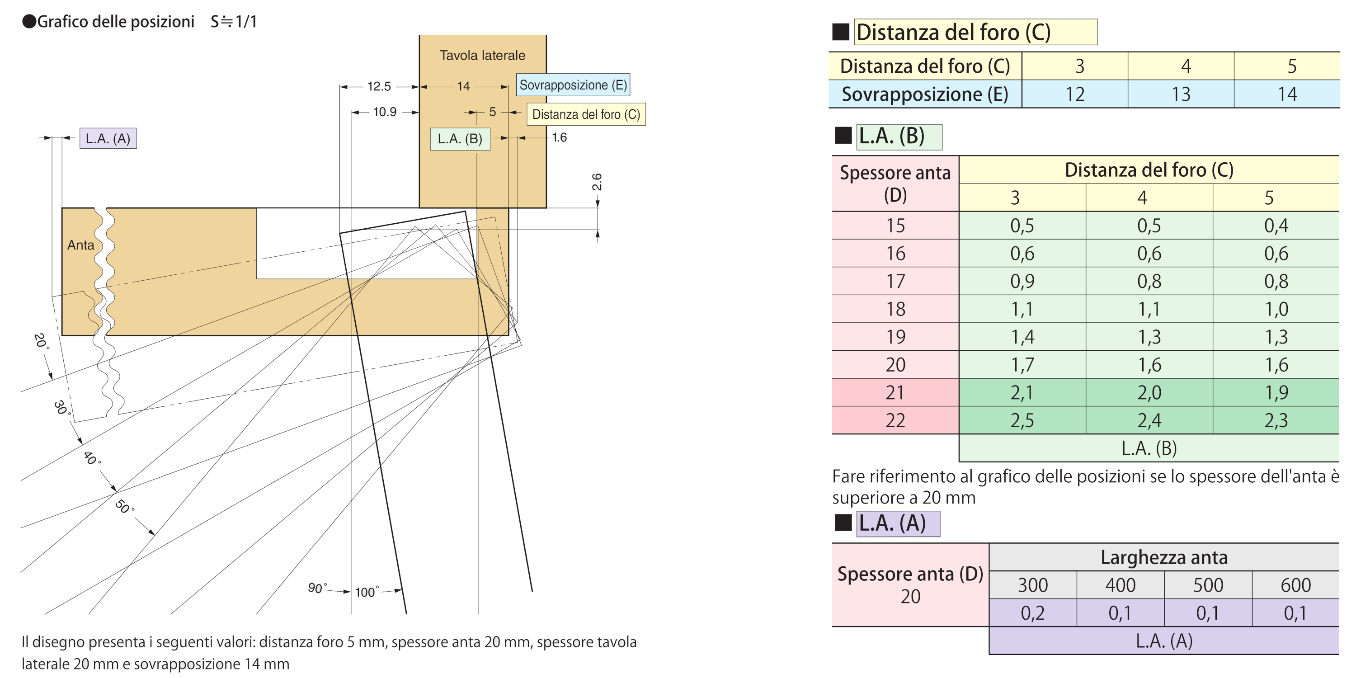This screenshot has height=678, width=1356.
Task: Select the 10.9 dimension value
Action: pos(384,112)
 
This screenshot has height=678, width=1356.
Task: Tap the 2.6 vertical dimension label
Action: pos(596,182)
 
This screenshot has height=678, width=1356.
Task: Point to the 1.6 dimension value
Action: pos(559,137)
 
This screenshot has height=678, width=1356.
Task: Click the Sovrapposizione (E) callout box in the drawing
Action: pos(573,85)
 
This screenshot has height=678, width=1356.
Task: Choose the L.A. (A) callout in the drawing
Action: pos(108,138)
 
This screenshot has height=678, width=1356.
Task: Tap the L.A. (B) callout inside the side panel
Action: pos(460,139)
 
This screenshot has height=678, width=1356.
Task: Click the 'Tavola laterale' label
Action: pos(482,55)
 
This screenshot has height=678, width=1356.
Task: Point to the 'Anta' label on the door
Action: pos(80,245)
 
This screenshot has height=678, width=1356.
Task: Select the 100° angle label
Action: pos(367,592)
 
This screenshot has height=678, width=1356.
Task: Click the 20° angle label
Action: pos(41,341)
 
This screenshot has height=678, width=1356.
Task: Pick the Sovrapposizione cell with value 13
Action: pos(1181,94)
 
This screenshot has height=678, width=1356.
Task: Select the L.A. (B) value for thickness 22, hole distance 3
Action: pos(1022,420)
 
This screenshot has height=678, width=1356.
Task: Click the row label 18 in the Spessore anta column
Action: pos(895,309)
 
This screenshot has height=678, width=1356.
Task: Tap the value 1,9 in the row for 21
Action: pos(1276,392)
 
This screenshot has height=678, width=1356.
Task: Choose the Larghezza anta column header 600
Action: pos(1295,585)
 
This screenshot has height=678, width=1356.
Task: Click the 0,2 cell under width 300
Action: pos(1032,613)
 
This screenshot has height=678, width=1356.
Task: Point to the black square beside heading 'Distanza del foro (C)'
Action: pos(841,32)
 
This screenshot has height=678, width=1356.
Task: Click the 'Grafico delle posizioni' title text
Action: pos(116,22)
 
